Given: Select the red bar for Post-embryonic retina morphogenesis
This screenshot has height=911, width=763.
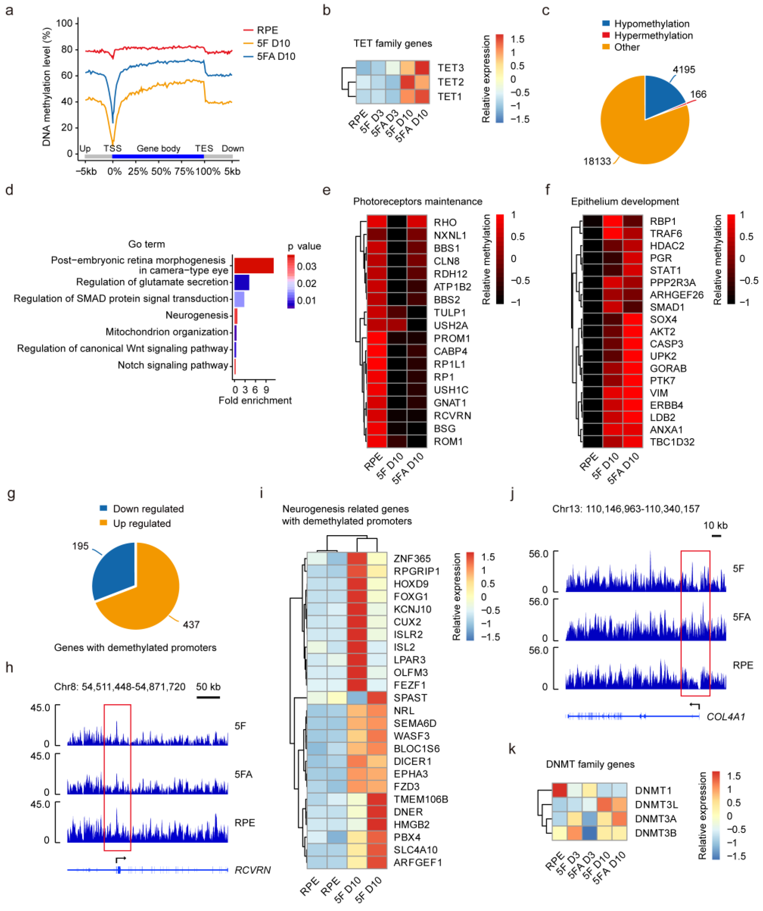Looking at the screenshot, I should point(254,265).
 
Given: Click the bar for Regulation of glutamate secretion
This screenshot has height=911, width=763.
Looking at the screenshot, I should point(242,282).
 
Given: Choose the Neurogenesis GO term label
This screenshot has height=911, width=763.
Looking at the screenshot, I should point(197,315).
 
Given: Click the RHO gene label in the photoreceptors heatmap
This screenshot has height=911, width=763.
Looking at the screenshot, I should point(445,223).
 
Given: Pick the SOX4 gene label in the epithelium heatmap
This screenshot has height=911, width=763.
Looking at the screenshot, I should point(663,320).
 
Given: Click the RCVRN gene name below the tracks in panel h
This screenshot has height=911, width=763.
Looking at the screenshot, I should point(253,870).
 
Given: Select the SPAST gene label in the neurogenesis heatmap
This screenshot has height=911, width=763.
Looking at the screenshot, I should point(410,698).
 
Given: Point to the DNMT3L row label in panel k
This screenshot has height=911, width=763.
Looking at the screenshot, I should point(656,805).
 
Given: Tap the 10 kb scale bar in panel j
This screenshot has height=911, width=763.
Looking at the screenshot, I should point(717,536).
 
